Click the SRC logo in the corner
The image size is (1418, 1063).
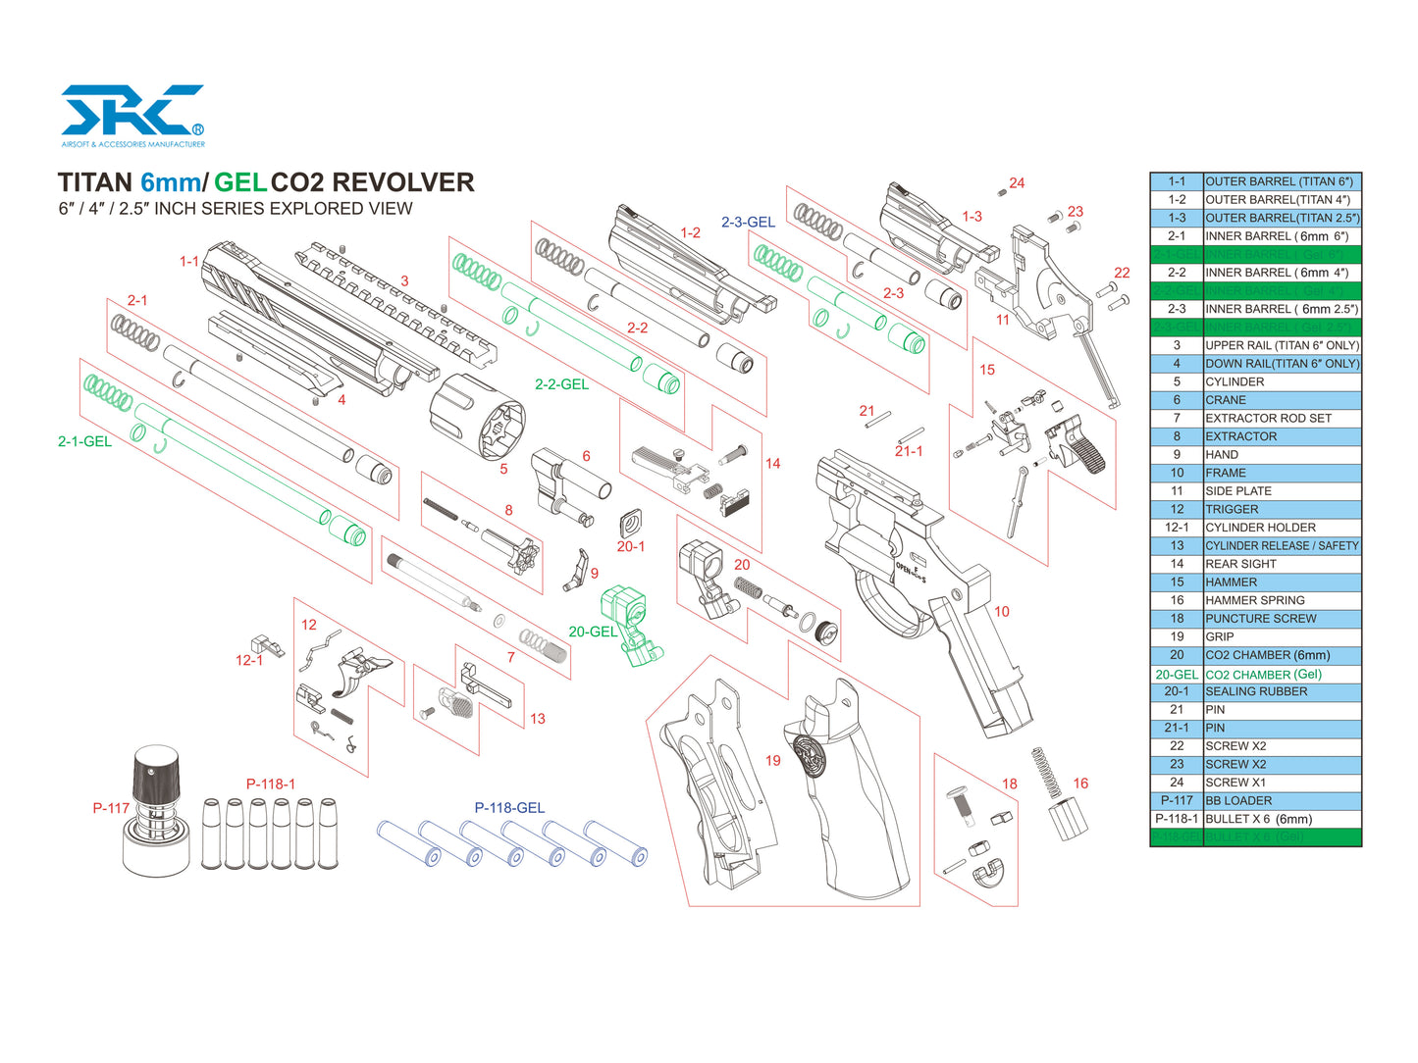click(x=132, y=112)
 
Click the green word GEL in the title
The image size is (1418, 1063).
click(x=240, y=182)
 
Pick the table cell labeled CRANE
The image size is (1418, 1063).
click(x=1226, y=400)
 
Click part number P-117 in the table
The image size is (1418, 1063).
click(x=1177, y=800)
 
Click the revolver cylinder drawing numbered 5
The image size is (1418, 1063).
click(x=478, y=416)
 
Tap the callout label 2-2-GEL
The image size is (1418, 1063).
click(x=561, y=384)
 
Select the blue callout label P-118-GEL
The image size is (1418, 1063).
click(x=509, y=808)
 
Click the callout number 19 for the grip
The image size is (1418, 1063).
click(x=773, y=760)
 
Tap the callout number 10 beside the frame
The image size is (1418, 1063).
click(x=1001, y=611)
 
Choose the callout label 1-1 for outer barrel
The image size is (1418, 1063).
click(x=188, y=261)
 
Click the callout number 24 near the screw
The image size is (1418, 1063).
click(x=1017, y=183)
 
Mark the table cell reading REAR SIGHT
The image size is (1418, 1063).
click(x=1240, y=564)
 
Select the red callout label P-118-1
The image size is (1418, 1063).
click(x=271, y=784)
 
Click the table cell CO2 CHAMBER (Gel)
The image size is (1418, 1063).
click(x=1263, y=675)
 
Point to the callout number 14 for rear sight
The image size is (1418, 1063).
click(x=773, y=463)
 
